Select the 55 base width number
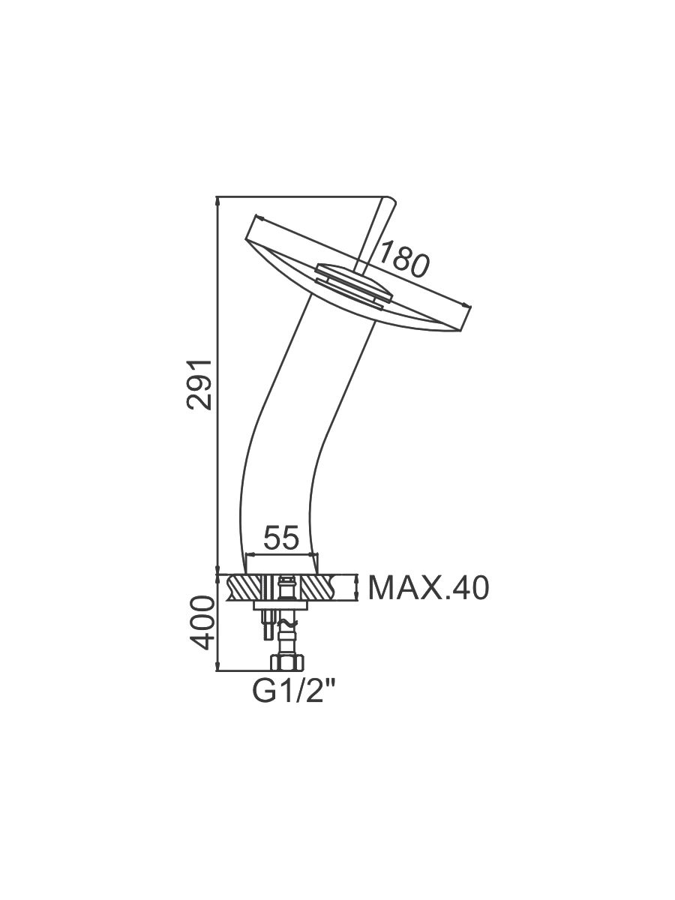click(280, 538)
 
